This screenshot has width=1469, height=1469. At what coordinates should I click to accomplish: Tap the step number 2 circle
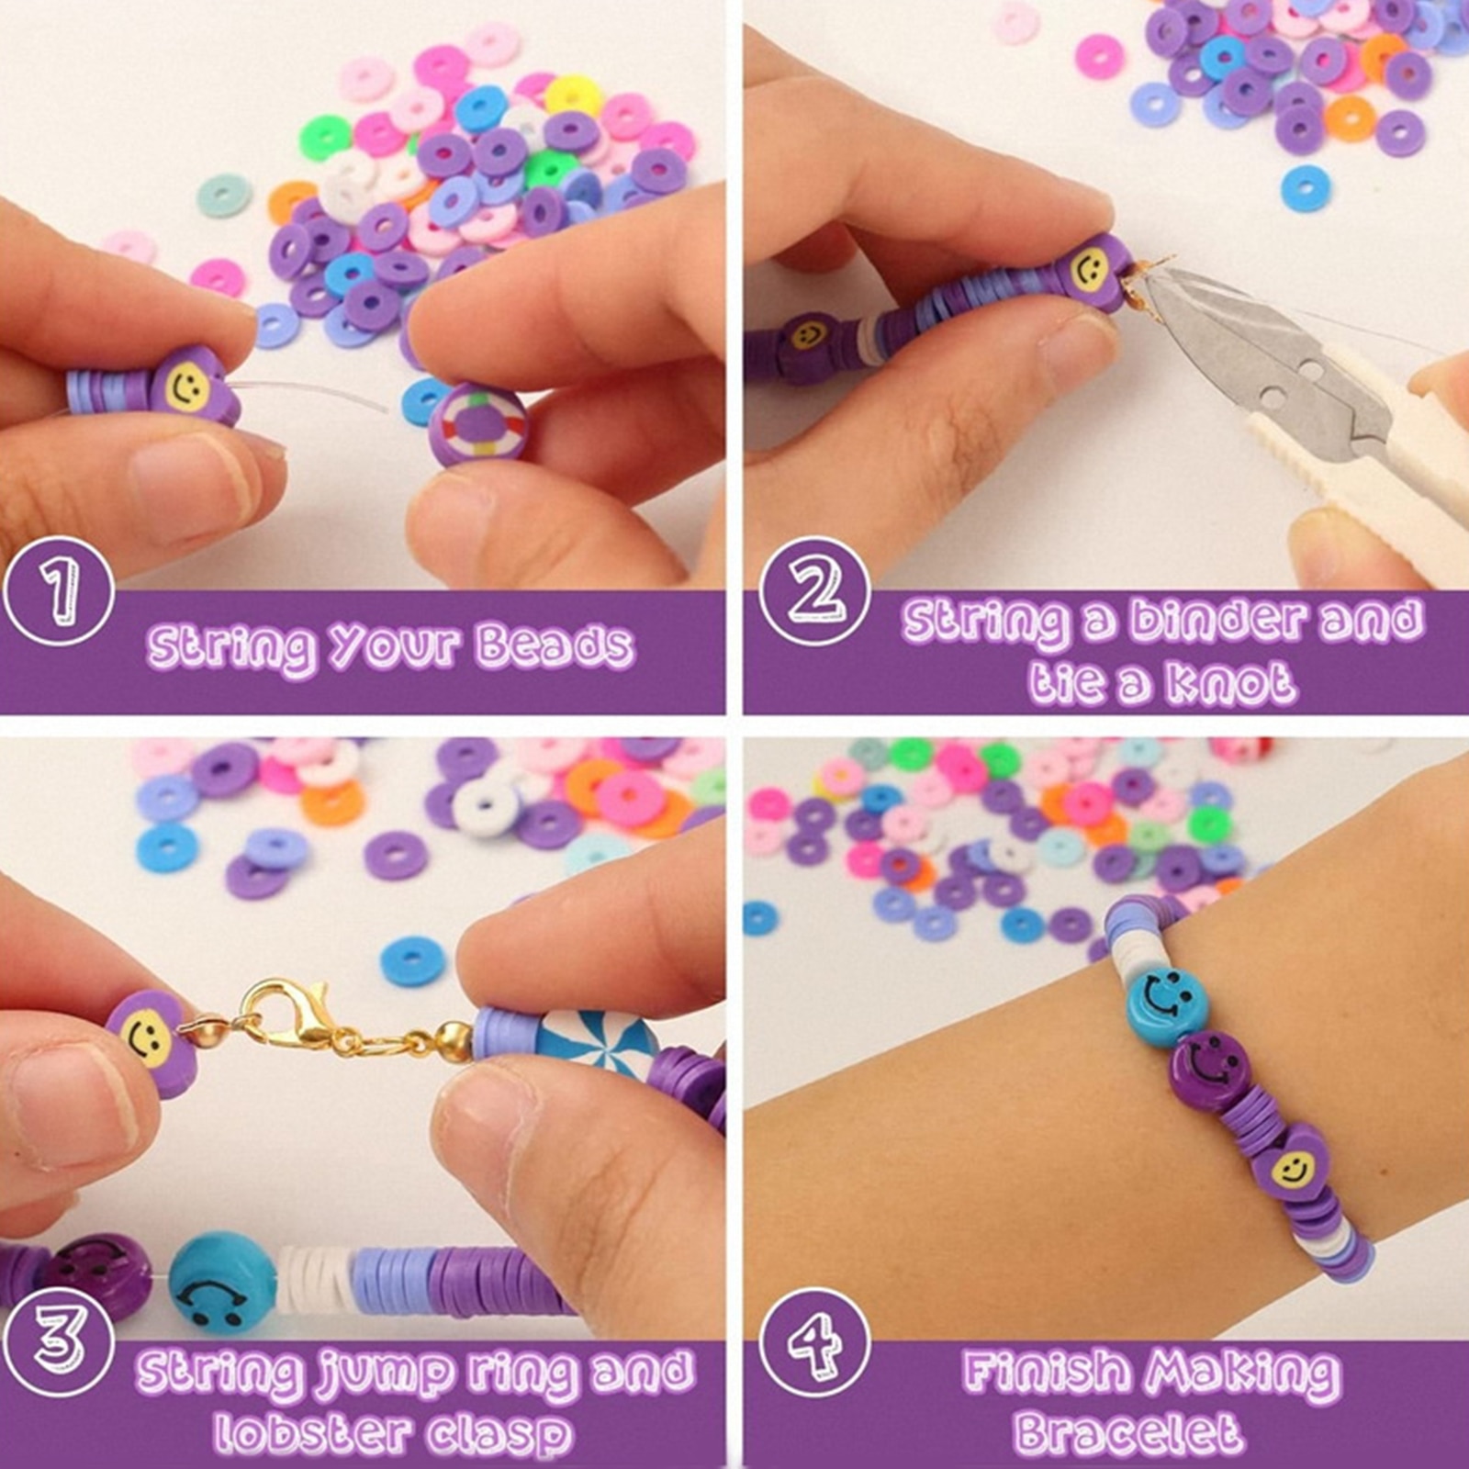[x=815, y=591]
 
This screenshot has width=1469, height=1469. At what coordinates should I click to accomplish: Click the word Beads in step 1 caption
[x=555, y=645]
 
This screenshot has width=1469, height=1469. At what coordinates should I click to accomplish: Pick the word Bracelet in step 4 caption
[x=1127, y=1431]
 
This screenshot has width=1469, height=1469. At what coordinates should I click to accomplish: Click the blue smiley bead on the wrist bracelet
[x=1164, y=996]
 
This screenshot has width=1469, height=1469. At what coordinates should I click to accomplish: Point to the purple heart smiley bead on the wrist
[x=1293, y=1163]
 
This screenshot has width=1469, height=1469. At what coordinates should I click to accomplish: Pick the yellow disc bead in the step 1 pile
[x=574, y=95]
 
